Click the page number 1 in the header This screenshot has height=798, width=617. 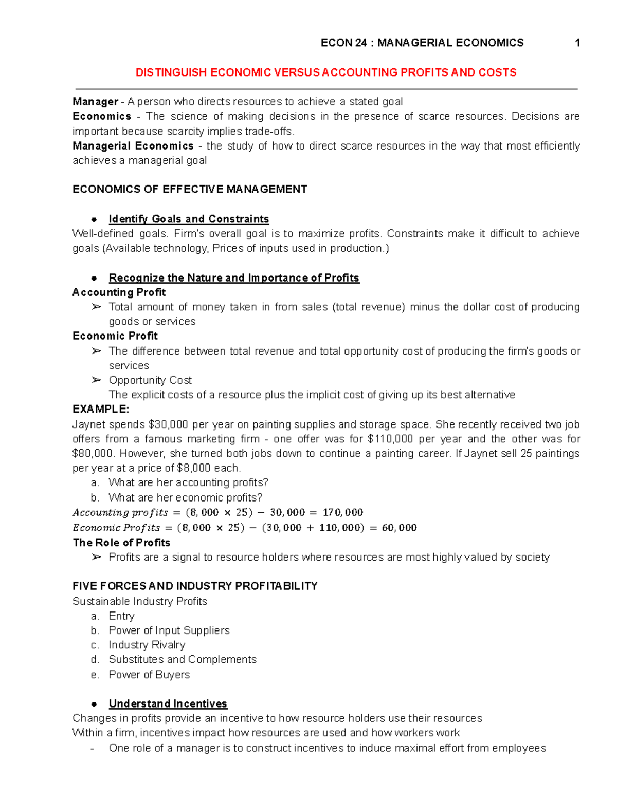click(x=577, y=43)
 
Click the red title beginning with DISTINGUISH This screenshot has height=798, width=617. click(x=325, y=72)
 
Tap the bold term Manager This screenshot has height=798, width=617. click(x=95, y=101)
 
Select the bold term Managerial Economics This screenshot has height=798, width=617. click(x=133, y=146)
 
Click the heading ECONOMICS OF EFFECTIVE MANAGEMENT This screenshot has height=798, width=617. click(x=190, y=189)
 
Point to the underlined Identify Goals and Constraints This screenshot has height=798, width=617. click(x=189, y=219)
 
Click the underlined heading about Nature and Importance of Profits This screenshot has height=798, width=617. click(x=234, y=278)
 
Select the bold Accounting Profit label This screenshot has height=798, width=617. click(x=119, y=292)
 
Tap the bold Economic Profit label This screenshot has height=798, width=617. click(x=115, y=336)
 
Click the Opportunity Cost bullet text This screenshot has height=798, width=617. click(x=150, y=380)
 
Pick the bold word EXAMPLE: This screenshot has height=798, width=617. click(x=101, y=409)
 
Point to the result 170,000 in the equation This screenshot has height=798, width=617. click(x=342, y=512)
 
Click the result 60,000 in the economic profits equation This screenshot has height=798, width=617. click(x=399, y=528)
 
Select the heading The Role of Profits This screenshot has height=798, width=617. click(x=121, y=543)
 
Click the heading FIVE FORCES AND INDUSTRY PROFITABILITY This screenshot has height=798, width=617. click(x=195, y=586)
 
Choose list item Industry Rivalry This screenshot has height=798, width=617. click(x=147, y=645)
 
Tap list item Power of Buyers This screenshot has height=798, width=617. click(x=149, y=675)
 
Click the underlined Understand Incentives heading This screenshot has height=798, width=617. click(x=168, y=703)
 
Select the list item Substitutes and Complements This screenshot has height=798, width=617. click(x=182, y=659)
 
